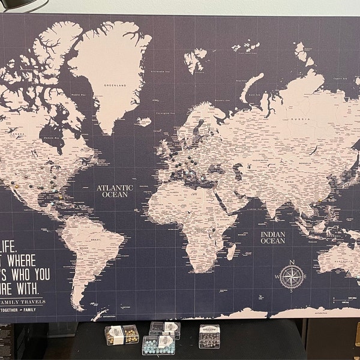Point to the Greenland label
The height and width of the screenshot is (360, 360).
click(x=114, y=86)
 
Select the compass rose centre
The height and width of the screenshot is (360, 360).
click(x=292, y=275)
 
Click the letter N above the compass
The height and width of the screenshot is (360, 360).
click(x=292, y=262)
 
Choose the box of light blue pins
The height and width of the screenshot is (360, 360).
click(x=158, y=344)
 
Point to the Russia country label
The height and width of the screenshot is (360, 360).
click(x=295, y=118)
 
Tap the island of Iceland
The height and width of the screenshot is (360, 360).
click(x=144, y=122)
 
